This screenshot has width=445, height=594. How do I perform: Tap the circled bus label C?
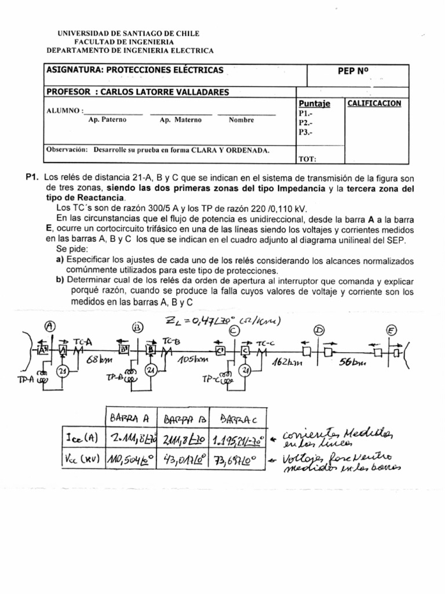[234, 330]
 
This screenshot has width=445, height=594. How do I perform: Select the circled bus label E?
[392, 330]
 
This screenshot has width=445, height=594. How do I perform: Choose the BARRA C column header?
[236, 418]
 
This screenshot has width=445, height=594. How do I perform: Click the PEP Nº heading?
[353, 71]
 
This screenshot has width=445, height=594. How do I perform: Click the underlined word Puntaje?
[315, 104]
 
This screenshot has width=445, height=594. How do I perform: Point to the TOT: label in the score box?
[308, 158]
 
